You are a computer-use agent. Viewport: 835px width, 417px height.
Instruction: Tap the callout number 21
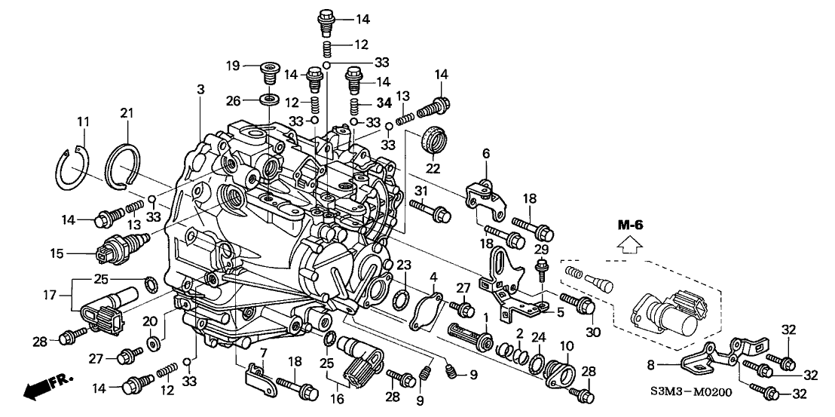[x=126, y=113]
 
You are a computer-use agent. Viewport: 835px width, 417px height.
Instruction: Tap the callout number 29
[x=540, y=248]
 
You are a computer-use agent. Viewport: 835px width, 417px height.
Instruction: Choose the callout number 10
[x=566, y=345]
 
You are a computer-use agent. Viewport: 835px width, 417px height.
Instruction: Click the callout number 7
[x=262, y=353]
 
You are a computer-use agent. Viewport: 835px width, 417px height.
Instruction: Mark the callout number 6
[x=486, y=153]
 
